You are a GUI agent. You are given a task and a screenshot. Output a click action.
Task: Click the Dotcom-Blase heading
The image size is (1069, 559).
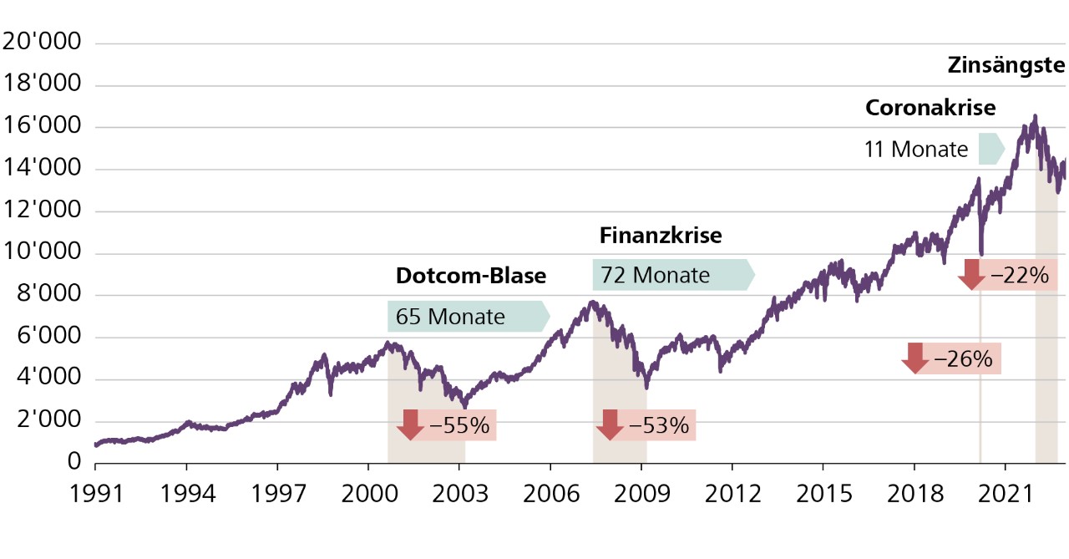[471, 277]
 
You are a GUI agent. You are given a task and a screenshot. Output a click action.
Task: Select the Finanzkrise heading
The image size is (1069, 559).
[660, 236]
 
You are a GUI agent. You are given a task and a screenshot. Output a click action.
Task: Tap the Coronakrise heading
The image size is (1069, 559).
[930, 109]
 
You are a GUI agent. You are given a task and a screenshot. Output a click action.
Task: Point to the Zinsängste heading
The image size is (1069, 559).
[1006, 65]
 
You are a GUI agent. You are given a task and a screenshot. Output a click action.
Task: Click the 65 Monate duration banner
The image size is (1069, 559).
[468, 317]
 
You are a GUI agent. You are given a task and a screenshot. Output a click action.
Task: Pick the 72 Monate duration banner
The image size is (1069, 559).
[672, 274]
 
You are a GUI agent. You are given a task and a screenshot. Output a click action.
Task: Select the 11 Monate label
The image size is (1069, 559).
[916, 150]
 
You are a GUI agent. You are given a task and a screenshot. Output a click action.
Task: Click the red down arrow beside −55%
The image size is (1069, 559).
[410, 425]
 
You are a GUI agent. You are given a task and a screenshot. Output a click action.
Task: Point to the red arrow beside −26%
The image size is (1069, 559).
[914, 358]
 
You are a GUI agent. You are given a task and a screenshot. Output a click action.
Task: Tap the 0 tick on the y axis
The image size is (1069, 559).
[74, 463]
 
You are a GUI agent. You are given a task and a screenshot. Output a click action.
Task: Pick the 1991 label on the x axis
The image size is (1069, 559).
[96, 494]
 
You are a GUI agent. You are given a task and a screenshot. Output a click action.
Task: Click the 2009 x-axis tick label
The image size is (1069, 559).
[641, 494]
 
